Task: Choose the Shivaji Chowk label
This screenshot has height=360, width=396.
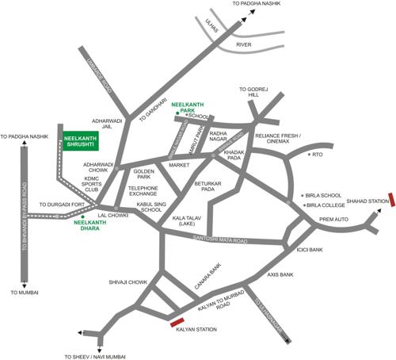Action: coord(128,281)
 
